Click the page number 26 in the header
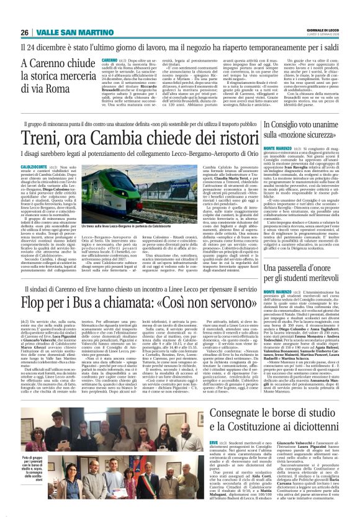pos(25,32)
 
